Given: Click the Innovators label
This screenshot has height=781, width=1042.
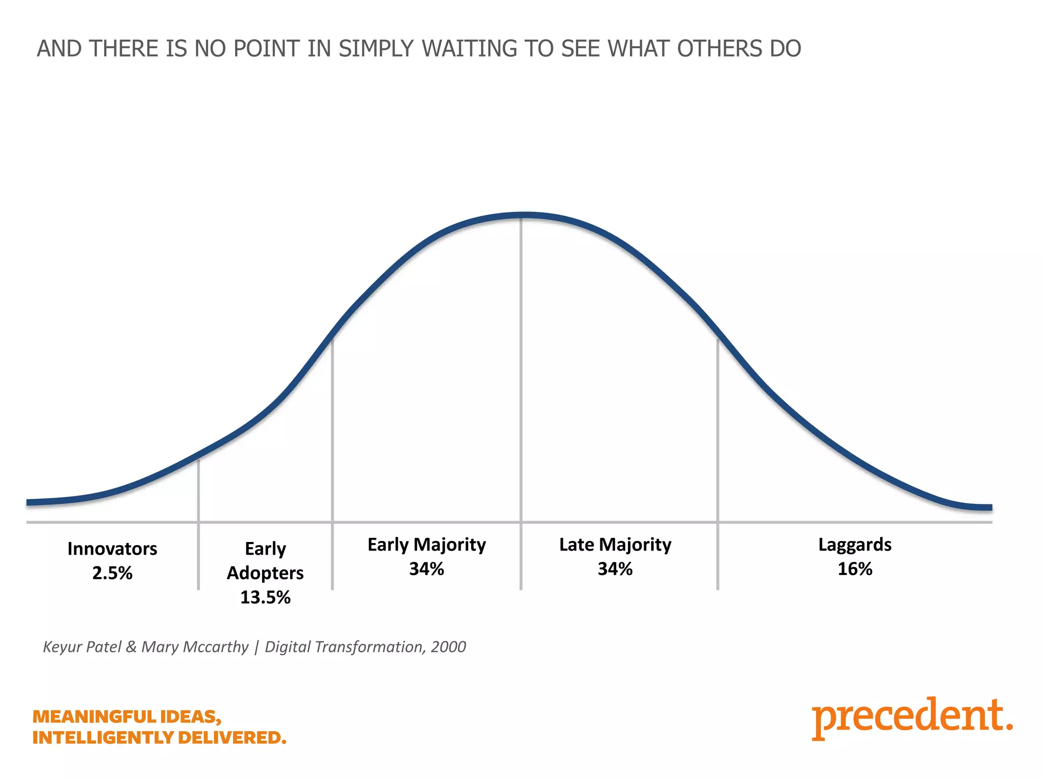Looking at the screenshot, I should point(112,549).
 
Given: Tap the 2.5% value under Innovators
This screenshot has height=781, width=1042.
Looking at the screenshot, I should point(112,573).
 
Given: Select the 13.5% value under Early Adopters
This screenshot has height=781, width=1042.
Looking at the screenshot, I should point(265,597).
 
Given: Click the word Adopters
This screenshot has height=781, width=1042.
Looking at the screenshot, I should point(265,573).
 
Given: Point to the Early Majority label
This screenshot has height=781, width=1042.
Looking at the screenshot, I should point(426,545).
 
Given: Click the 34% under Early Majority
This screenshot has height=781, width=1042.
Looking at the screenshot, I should point(426,568).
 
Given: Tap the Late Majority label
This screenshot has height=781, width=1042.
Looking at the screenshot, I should point(615,545).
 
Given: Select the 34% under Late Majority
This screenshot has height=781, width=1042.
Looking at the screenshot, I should point(615,568).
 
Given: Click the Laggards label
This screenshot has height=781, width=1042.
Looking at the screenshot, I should point(855,545).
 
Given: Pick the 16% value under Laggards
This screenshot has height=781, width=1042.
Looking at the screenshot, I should point(855,568).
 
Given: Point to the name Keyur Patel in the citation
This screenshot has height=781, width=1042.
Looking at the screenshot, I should point(82,647).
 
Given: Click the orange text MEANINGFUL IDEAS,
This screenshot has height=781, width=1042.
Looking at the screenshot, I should point(127,716).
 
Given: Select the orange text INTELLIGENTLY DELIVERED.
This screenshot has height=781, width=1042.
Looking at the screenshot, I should point(159,737).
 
